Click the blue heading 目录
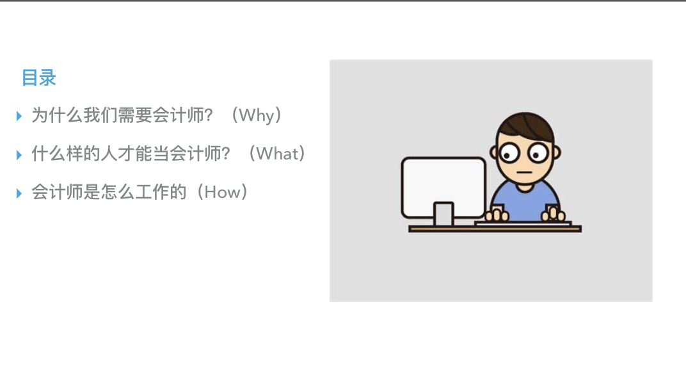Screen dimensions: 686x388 39,78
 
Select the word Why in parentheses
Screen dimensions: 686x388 257,116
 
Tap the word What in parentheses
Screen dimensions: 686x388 277,154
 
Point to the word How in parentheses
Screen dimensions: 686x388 222,193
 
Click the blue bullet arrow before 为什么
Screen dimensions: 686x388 19,116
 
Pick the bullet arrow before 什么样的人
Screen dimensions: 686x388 19,154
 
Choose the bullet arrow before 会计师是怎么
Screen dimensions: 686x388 19,193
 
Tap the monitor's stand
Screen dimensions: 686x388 443,214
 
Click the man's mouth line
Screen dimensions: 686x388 524,172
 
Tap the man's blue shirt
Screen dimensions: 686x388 525,204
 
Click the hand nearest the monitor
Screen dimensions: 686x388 497,214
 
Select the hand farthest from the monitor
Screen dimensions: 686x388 554,214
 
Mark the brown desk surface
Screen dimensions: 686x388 495,229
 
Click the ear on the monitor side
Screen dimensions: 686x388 494,152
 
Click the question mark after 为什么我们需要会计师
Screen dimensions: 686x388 208,116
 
